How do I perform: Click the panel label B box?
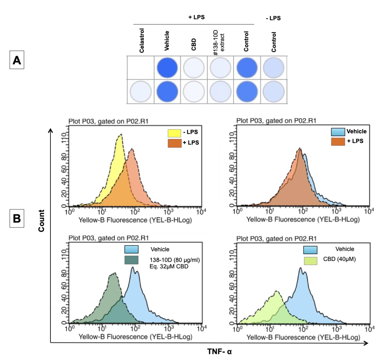click(17, 219)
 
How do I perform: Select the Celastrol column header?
click(142, 41)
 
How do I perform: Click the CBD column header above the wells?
click(194, 44)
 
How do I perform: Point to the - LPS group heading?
click(273, 18)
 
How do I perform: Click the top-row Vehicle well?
click(168, 68)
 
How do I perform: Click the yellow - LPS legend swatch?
click(174, 133)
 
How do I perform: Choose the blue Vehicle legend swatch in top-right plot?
click(338, 132)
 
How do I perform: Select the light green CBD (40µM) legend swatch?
click(310, 260)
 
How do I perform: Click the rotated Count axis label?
click(41, 221)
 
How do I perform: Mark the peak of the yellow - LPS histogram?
click(120, 135)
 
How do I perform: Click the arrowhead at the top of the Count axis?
click(51, 130)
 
